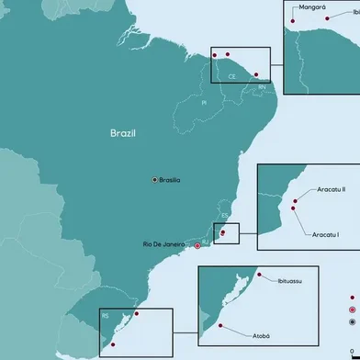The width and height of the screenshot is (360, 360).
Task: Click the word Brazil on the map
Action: [x=122, y=133]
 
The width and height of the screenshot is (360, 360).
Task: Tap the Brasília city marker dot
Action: [x=154, y=180]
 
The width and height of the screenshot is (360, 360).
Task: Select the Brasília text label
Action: [x=170, y=180]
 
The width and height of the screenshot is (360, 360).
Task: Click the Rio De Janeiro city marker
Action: [x=197, y=245]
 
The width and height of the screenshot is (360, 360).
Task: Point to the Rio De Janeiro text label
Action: [x=166, y=244]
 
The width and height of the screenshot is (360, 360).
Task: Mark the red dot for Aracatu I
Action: [x=293, y=208]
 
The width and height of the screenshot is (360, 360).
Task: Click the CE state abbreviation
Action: [x=232, y=76]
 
